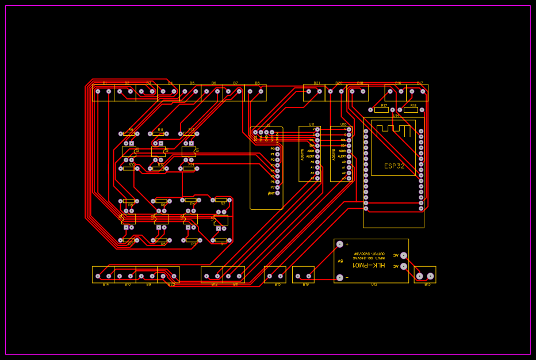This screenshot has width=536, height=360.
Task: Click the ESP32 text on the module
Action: coord(394,166)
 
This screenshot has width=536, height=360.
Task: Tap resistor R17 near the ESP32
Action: coord(381,109)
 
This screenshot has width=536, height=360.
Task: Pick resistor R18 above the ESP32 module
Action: coord(411,109)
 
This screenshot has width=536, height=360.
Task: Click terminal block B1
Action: coord(104,92)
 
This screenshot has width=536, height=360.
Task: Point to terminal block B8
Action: coord(255,92)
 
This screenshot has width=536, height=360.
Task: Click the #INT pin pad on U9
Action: coord(277,193)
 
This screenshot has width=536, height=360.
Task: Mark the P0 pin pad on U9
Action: coord(277,149)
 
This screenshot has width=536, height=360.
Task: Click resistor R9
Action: coord(129,133)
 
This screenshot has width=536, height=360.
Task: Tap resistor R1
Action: coord(221,240)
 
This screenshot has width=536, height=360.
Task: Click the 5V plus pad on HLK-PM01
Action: coord(339,244)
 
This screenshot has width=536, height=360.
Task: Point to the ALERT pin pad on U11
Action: coord(317,156)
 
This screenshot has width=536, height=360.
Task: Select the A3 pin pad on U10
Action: coord(349,178)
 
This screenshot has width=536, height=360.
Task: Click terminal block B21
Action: coord(314,92)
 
